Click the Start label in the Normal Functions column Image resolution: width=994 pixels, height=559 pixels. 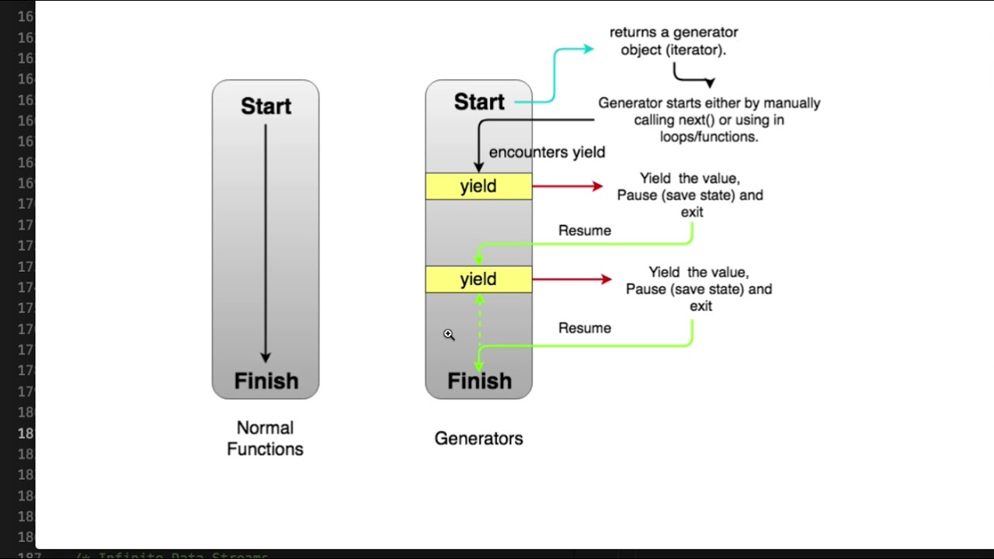click(x=266, y=106)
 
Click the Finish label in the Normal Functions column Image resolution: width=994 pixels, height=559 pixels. click(x=266, y=381)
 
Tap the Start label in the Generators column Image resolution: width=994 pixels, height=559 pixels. click(x=479, y=102)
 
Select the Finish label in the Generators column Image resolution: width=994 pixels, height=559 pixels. click(x=479, y=381)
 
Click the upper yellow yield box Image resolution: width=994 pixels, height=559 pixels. click(x=478, y=186)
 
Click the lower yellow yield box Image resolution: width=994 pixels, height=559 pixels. click(x=478, y=279)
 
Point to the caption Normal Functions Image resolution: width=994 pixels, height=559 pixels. click(x=265, y=438)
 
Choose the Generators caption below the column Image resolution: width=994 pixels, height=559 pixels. click(x=478, y=439)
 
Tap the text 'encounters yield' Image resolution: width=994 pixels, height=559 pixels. click(x=547, y=152)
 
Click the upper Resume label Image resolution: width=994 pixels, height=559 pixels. click(x=585, y=231)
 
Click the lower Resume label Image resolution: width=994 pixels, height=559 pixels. click(x=585, y=328)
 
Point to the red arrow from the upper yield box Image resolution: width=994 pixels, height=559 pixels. click(x=568, y=186)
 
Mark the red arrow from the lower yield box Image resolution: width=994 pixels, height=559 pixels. click(x=572, y=279)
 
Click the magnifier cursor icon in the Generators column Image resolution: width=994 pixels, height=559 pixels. click(x=449, y=335)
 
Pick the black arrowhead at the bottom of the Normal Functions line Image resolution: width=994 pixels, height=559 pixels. click(x=266, y=356)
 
